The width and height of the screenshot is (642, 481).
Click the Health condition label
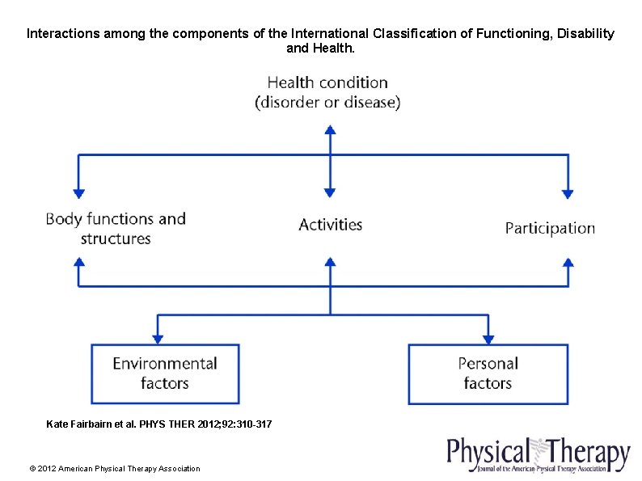click(x=327, y=83)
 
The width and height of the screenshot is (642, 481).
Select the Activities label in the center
click(x=330, y=225)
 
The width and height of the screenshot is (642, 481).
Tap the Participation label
click(x=550, y=228)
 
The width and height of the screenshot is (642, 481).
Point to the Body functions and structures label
click(x=116, y=228)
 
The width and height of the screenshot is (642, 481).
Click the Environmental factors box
click(x=165, y=373)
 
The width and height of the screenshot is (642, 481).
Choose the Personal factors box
click(x=488, y=373)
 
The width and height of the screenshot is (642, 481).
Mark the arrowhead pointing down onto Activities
click(x=329, y=193)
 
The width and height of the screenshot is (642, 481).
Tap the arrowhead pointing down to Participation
click(x=568, y=193)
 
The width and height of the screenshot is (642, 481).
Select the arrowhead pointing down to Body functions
click(x=78, y=193)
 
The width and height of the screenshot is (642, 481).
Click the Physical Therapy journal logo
click(x=539, y=454)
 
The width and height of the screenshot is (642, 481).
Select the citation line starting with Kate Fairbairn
click(x=159, y=424)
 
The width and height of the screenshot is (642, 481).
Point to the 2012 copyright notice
click(x=114, y=468)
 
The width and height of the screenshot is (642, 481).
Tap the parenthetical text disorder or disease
click(x=327, y=103)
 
